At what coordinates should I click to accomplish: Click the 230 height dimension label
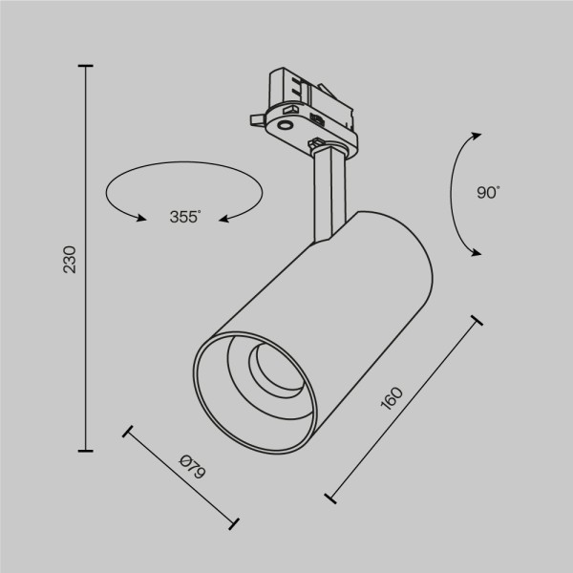[x=69, y=259]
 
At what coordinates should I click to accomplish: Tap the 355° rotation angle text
[x=184, y=217]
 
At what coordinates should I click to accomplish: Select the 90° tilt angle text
[x=488, y=192]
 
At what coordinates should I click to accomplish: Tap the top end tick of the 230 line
[x=86, y=66]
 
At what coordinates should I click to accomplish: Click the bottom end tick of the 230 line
[x=86, y=450]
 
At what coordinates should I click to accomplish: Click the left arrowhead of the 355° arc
[x=142, y=219]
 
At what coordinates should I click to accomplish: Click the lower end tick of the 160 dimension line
[x=330, y=498]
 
